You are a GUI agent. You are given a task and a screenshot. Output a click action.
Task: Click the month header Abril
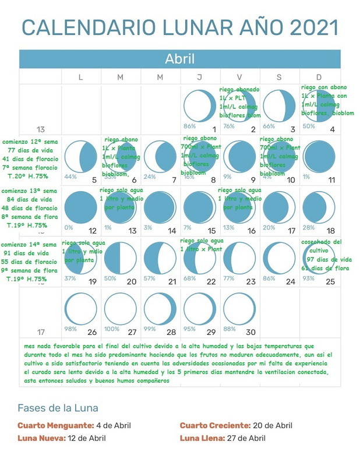pyautogui.click(x=179, y=59)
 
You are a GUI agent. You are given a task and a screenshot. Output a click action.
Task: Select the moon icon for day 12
pyautogui.click(x=80, y=207)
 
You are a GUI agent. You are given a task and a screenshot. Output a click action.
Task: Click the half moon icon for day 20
pyautogui.click(x=120, y=258)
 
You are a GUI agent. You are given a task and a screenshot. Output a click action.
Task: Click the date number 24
pyautogui.click(x=291, y=281)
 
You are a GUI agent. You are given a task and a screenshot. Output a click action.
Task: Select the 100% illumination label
pyautogui.click(x=111, y=329)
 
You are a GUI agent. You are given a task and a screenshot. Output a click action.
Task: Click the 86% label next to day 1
pyautogui.click(x=189, y=126)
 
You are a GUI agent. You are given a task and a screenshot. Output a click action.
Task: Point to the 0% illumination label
pyautogui.click(x=69, y=228)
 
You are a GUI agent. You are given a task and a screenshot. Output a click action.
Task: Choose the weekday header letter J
pyautogui.click(x=200, y=77)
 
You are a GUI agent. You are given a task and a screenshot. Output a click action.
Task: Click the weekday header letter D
pyautogui.click(x=319, y=77)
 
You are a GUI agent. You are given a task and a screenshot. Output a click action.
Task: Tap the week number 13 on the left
pyautogui.click(x=41, y=129)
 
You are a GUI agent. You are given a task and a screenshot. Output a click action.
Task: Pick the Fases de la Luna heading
pyautogui.click(x=58, y=408)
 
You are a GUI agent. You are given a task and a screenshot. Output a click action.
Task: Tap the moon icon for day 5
pyautogui.click(x=80, y=157)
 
